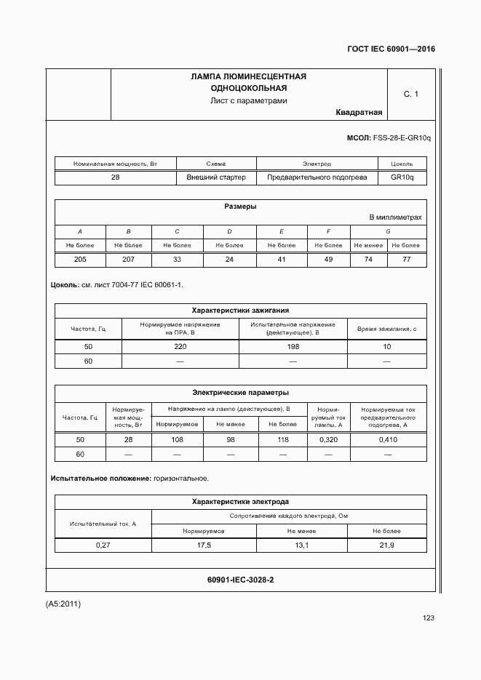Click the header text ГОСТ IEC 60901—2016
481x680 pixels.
[x=391, y=49]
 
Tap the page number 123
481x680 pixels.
[x=428, y=618]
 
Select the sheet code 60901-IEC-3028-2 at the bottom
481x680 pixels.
[x=240, y=580]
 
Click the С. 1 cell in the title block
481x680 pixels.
[x=411, y=94]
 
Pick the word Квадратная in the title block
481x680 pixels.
[x=359, y=112]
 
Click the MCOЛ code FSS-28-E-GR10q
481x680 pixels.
[x=401, y=137]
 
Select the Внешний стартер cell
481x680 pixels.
[x=216, y=177]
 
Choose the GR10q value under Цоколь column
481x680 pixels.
[x=402, y=177]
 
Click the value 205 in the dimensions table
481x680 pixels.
[x=80, y=259]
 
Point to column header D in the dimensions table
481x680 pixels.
[x=228, y=231]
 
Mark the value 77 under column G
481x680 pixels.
[x=407, y=259]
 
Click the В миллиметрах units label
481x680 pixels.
[x=395, y=217]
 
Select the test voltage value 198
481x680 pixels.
[x=293, y=347]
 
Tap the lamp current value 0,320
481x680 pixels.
[x=328, y=440]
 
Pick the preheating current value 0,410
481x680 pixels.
[x=388, y=440]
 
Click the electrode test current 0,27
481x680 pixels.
[x=103, y=545]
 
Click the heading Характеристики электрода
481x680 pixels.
[x=240, y=502]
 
